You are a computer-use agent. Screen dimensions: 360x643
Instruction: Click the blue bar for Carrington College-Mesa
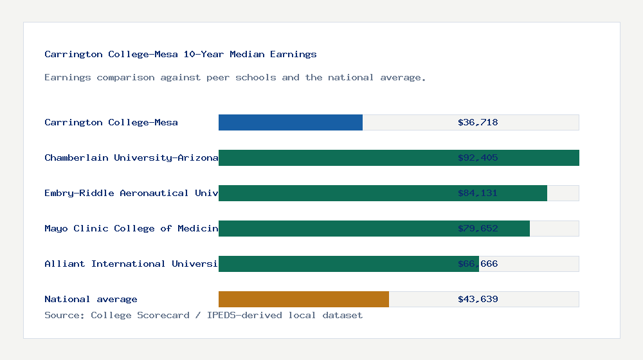point(291,122)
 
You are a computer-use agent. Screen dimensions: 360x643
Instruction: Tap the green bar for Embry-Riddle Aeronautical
point(334,193)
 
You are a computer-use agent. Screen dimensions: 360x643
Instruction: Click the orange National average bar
point(303,299)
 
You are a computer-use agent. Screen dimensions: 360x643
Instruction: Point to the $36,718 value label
point(478,122)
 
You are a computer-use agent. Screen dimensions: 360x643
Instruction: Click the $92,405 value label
point(478,157)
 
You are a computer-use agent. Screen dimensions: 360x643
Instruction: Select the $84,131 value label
point(478,193)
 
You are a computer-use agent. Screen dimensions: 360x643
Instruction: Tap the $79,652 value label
point(478,228)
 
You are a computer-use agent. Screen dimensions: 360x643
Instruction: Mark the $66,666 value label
point(478,264)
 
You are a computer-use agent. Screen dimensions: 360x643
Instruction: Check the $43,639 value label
point(478,299)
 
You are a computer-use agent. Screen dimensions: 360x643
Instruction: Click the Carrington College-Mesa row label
point(111,122)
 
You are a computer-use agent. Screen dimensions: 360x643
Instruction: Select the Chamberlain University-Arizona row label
point(131,157)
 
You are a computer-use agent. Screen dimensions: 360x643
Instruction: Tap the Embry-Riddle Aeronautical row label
point(131,193)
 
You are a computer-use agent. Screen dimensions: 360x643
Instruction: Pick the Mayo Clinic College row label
point(131,228)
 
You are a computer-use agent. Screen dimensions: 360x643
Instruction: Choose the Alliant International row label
point(131,264)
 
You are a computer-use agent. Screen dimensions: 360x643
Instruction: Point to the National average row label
point(91,299)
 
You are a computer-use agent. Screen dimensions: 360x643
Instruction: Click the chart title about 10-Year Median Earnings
point(181,54)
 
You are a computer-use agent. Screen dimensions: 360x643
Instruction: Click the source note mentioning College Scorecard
point(203,315)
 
